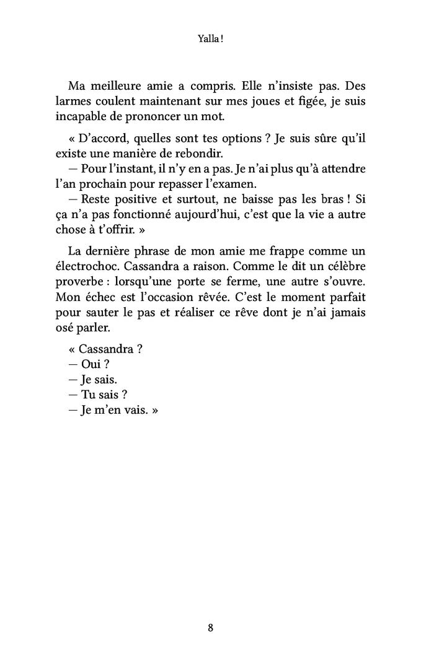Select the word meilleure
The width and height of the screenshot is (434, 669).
pos(121,84)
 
